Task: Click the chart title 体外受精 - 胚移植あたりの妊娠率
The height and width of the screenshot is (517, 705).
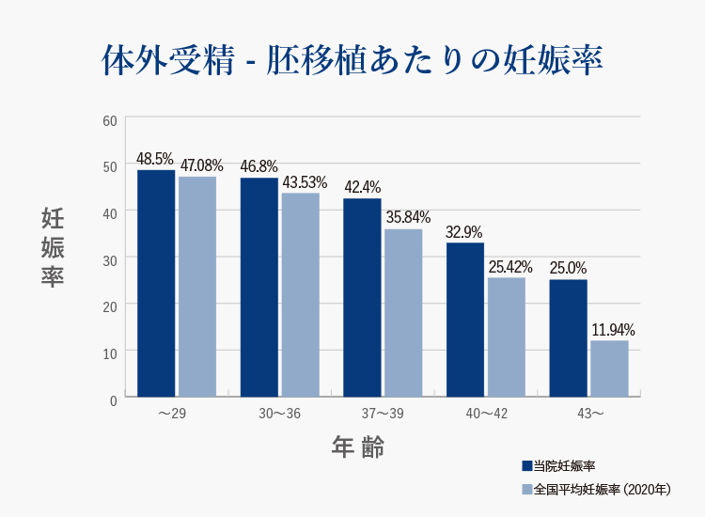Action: click(x=352, y=58)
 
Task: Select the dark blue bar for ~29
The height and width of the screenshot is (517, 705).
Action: click(x=156, y=283)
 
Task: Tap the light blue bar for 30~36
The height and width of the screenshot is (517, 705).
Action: click(x=300, y=294)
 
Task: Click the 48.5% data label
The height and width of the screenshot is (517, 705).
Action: click(x=155, y=159)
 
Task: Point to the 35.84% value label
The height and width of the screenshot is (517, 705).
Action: click(x=404, y=217)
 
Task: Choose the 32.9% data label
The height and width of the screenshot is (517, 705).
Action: click(x=464, y=231)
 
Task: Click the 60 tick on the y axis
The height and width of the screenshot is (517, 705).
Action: click(x=110, y=120)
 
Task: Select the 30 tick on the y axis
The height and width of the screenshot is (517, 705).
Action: click(x=110, y=259)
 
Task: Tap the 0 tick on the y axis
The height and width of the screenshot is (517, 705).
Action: click(x=113, y=399)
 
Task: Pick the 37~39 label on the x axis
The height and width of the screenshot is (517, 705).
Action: click(x=383, y=414)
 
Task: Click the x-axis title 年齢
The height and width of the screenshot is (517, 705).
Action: click(x=358, y=446)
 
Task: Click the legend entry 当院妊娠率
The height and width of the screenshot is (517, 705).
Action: click(x=558, y=466)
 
